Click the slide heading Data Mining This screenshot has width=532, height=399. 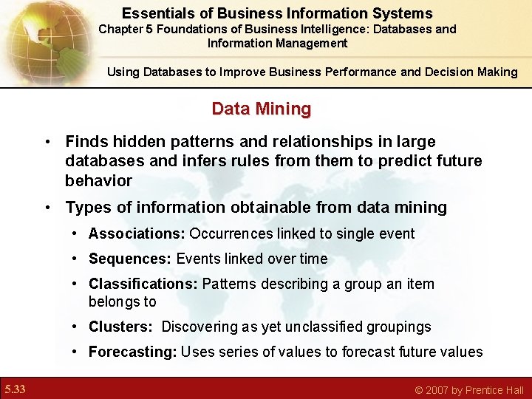point(261,109)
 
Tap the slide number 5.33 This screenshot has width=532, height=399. point(15,389)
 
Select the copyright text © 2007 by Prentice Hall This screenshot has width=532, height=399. point(469,389)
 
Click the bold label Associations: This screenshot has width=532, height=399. point(137,234)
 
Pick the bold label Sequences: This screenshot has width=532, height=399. point(130,259)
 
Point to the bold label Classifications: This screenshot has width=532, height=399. point(143,284)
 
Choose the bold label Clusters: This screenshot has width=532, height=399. point(120,327)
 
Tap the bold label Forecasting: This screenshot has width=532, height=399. point(133,352)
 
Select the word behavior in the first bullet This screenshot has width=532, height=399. point(98,181)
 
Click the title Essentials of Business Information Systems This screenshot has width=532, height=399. point(277,13)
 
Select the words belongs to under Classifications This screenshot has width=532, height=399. point(123,301)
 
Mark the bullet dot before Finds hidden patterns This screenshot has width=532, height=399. point(46,141)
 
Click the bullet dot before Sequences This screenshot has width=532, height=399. point(77,259)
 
